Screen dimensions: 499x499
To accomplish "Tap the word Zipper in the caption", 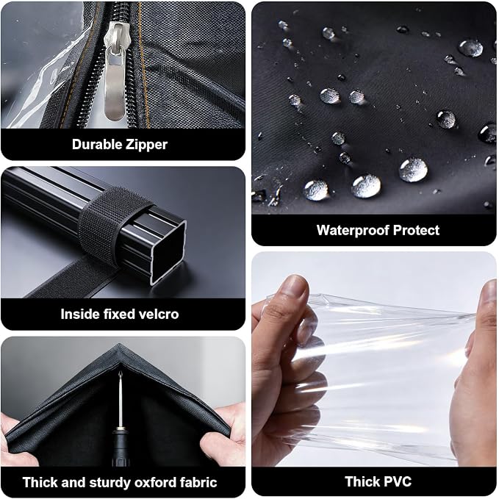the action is tap(146, 145).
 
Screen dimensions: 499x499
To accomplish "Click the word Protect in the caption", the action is tap(416, 230).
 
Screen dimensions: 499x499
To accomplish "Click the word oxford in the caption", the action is tap(155, 482).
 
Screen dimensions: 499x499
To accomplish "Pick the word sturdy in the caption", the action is tap(110, 483).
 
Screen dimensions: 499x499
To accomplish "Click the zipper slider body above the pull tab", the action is tap(117, 35).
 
